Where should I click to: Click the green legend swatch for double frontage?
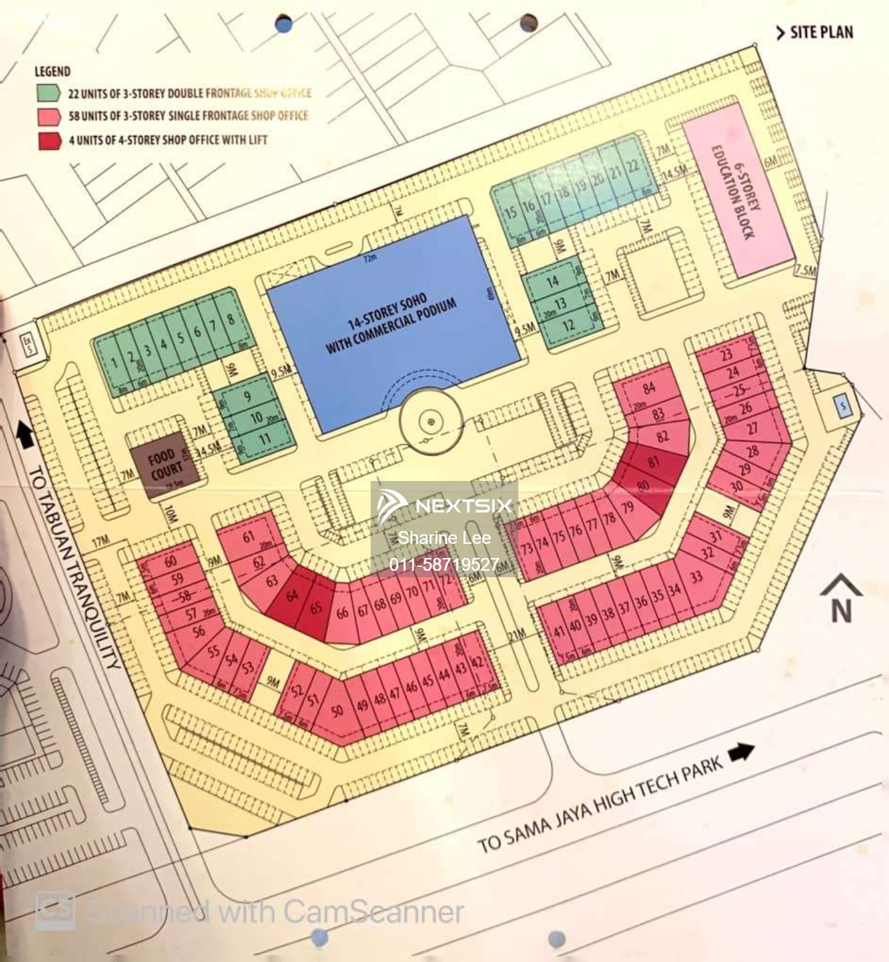click(x=49, y=93)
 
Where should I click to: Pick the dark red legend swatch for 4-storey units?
click(x=49, y=140)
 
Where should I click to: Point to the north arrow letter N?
click(x=841, y=611)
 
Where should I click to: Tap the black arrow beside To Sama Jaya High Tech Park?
click(x=741, y=752)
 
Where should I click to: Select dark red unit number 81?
click(x=653, y=462)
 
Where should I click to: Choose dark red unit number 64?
click(x=292, y=596)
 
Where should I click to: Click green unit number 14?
click(x=553, y=282)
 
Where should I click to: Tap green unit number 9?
click(x=247, y=397)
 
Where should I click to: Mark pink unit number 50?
click(x=337, y=710)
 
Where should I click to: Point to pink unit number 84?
click(x=649, y=387)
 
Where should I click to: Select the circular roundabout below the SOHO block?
click(x=431, y=421)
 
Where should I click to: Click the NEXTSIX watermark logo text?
click(x=463, y=506)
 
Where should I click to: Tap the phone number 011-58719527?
click(x=444, y=564)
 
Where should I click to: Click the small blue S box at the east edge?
click(x=843, y=405)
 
